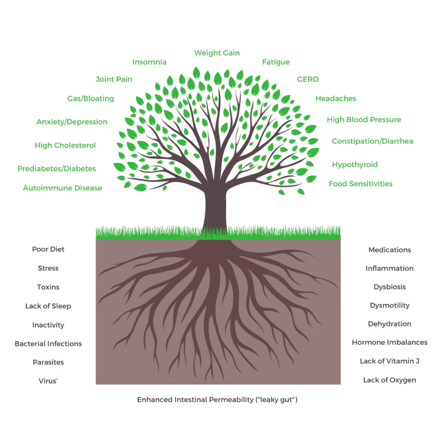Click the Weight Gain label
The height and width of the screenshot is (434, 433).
(x=217, y=53)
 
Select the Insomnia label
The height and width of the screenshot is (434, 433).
(x=149, y=62)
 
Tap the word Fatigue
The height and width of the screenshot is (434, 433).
(x=276, y=62)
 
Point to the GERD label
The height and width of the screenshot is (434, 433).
(x=307, y=79)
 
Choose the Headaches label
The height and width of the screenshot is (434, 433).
(x=335, y=99)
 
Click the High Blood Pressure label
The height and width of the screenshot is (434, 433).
(x=364, y=120)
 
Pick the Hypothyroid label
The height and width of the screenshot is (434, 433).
(x=355, y=164)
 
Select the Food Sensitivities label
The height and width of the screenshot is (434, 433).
(x=360, y=184)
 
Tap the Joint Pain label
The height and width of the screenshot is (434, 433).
(x=114, y=79)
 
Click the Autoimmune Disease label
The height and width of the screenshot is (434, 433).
(x=63, y=188)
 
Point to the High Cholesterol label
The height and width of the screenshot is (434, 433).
(x=65, y=146)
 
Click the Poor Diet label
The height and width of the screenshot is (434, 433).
(x=48, y=249)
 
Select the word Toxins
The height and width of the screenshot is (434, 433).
(x=48, y=287)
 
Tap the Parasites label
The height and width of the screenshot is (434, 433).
(x=48, y=362)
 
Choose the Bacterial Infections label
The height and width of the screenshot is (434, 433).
(x=48, y=344)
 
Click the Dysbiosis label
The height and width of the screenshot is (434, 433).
(x=390, y=287)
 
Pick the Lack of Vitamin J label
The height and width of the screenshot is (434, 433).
(x=390, y=361)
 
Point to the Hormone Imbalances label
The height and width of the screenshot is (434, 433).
(x=390, y=342)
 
